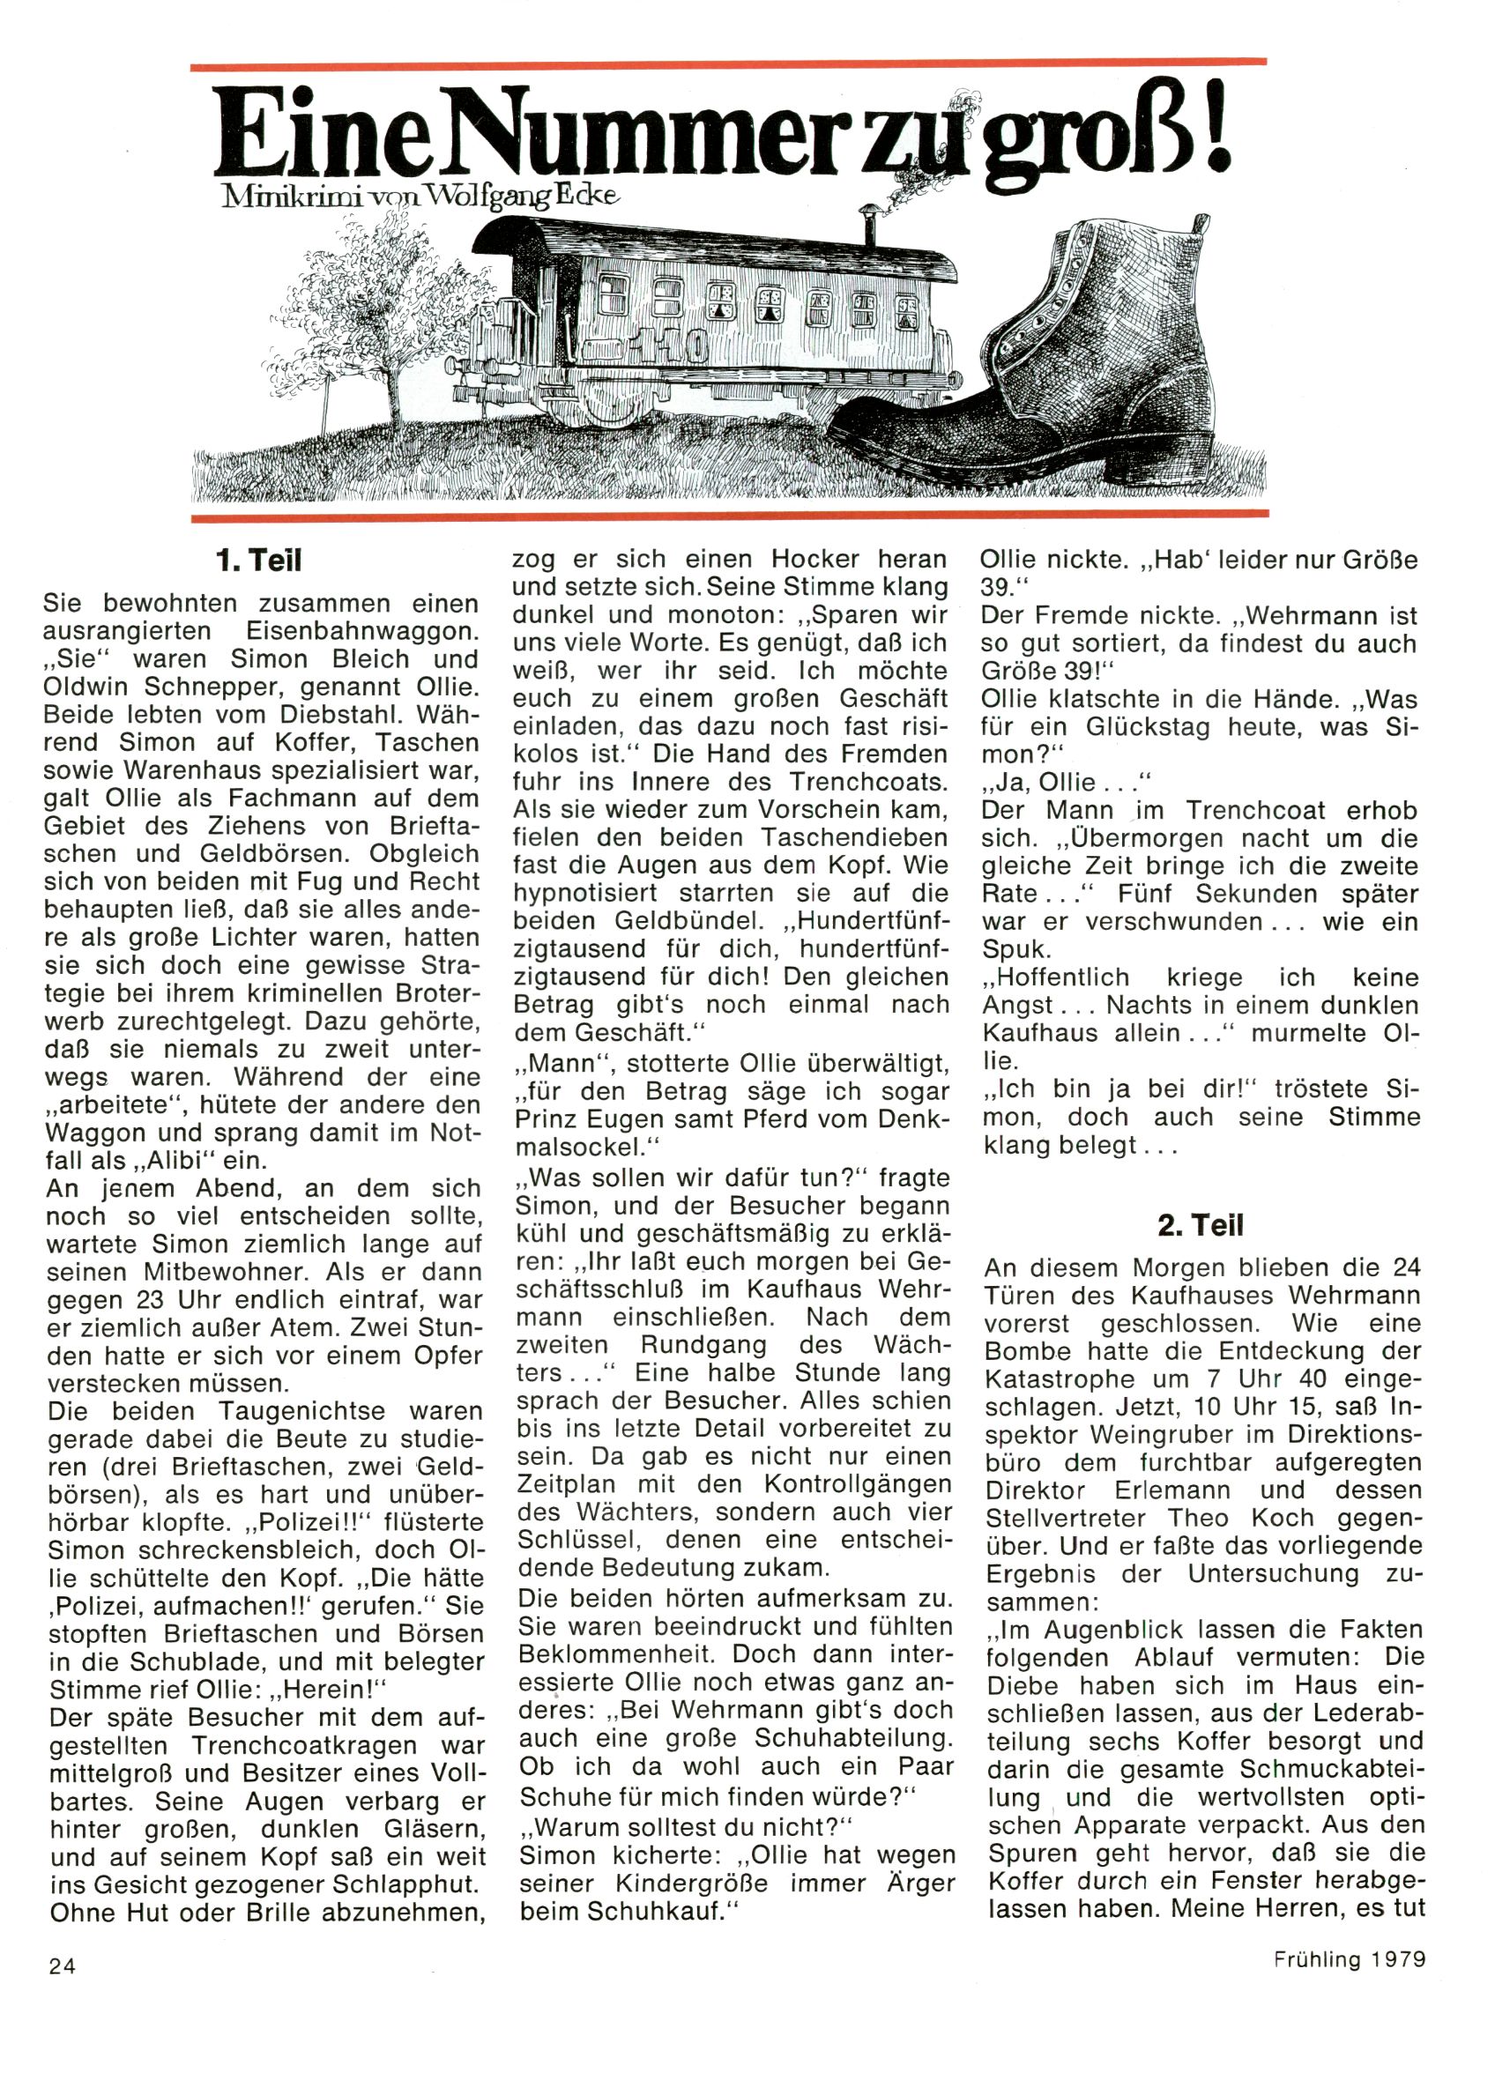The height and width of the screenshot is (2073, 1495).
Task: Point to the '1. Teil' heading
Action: (x=258, y=561)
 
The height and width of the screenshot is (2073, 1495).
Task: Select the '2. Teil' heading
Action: (x=1200, y=1225)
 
